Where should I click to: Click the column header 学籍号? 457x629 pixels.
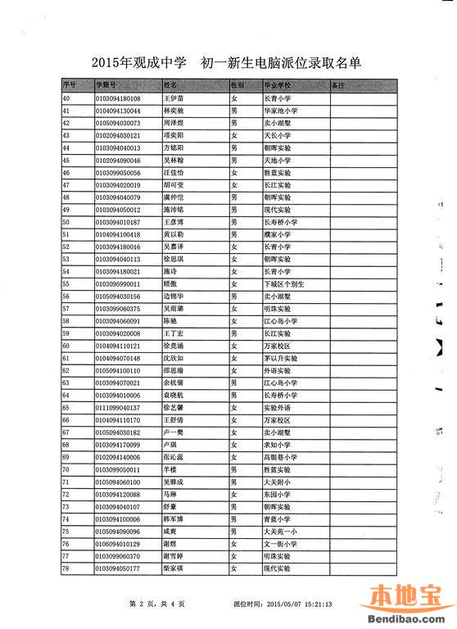point(106,84)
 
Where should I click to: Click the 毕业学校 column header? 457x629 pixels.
point(278,84)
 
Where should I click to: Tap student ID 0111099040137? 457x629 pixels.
point(119,406)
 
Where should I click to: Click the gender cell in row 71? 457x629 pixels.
point(234,481)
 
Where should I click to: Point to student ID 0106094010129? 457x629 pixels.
point(119,542)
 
